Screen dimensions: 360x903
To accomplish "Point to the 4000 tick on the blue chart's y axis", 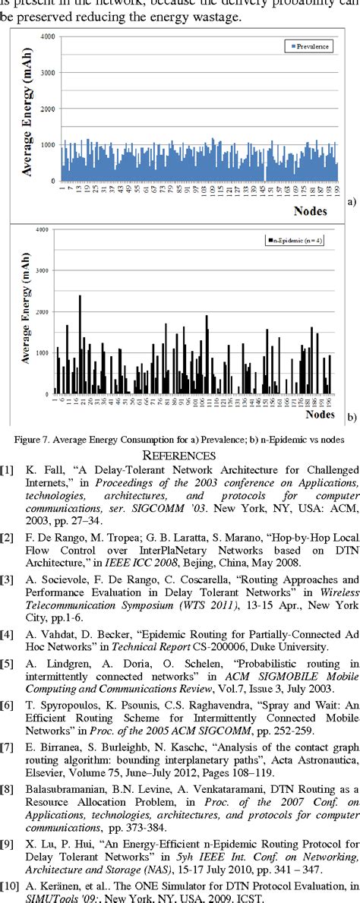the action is [46, 36].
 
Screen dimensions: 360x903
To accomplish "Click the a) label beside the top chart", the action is [351, 201].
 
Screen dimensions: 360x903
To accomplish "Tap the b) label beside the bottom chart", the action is [351, 417].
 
